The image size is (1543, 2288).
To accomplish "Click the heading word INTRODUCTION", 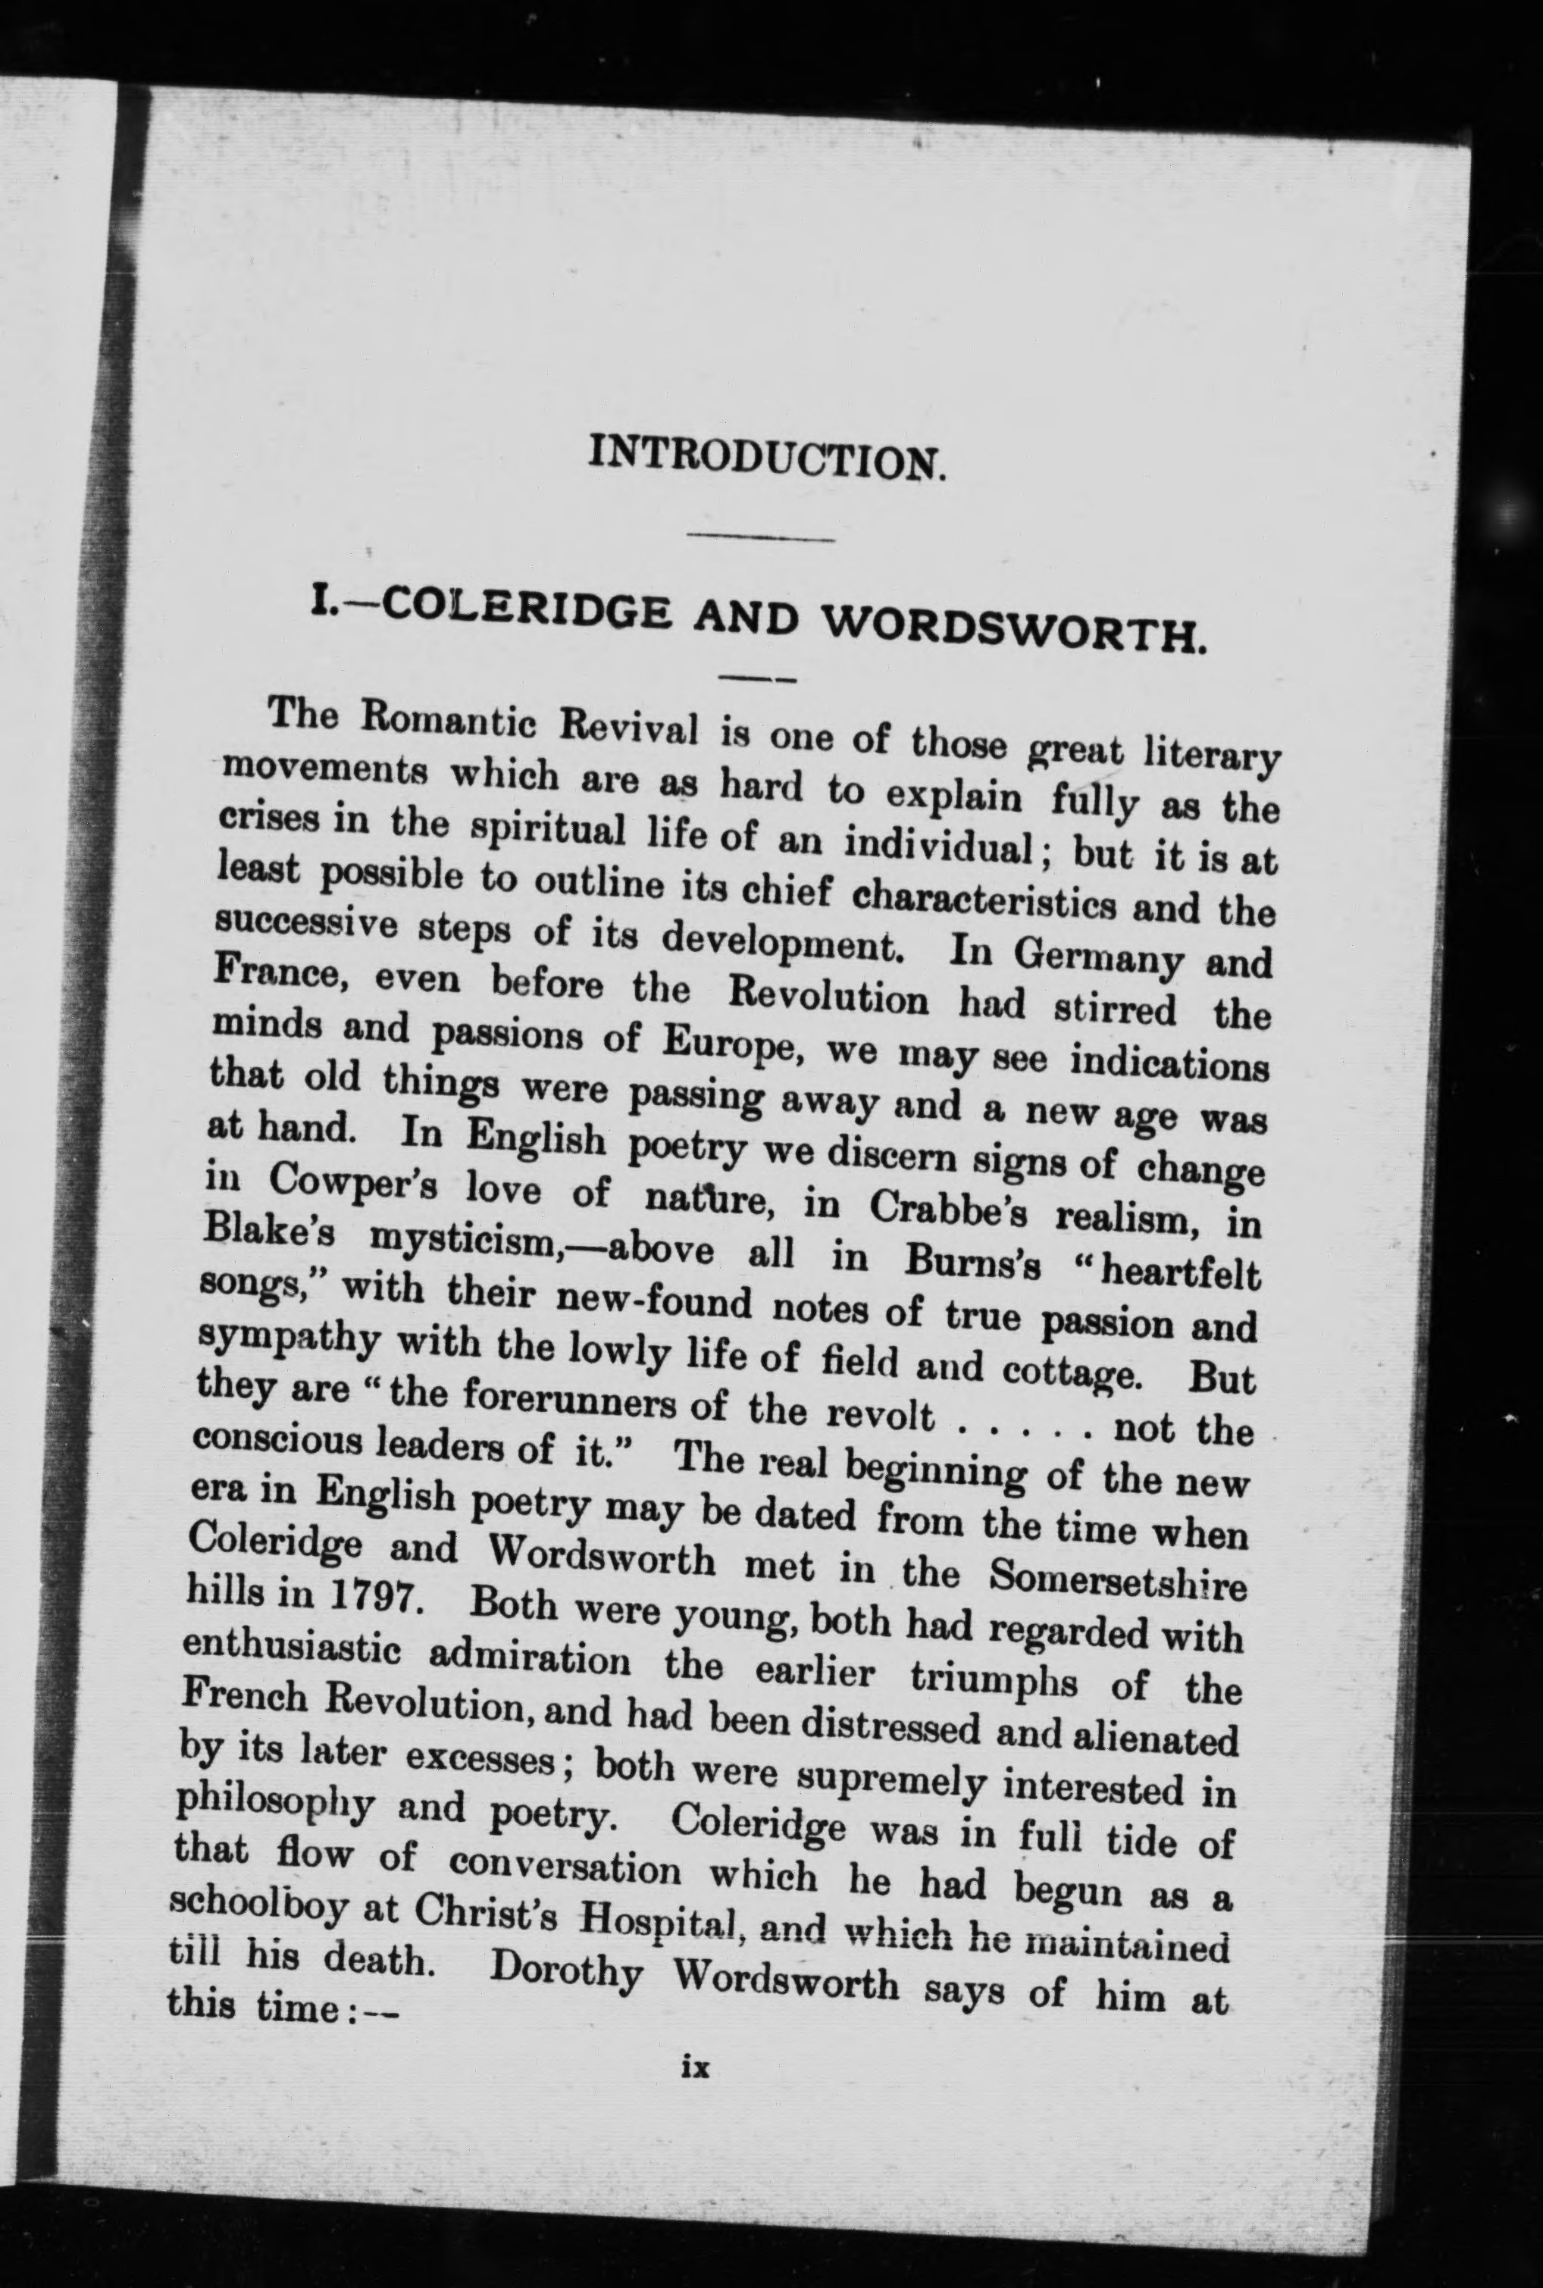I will click(x=767, y=459).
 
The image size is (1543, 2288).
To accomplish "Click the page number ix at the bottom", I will click(x=695, y=2067).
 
